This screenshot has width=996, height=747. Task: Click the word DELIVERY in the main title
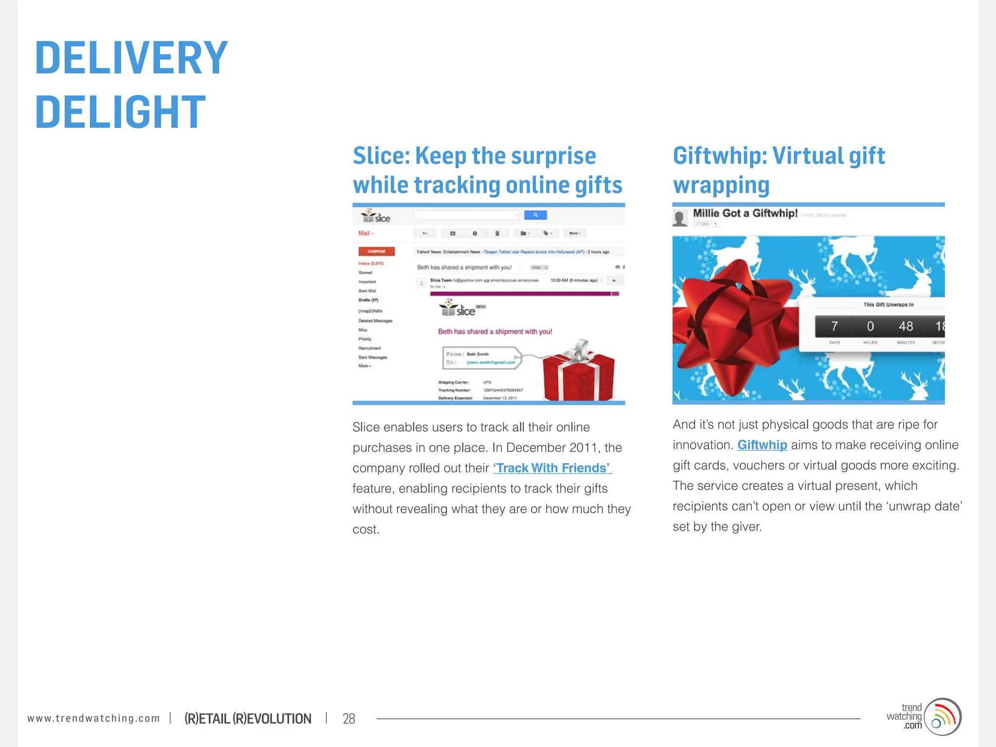click(x=131, y=58)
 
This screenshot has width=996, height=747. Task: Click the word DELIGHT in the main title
click(x=120, y=112)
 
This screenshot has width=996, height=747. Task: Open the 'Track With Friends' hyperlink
click(x=552, y=468)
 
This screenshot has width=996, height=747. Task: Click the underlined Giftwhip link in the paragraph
click(x=762, y=445)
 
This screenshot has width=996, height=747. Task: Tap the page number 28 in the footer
click(x=349, y=718)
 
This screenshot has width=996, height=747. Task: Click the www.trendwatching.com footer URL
click(x=93, y=718)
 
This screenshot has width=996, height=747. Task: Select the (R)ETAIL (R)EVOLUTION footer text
click(x=248, y=718)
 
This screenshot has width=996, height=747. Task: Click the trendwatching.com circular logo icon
click(x=943, y=717)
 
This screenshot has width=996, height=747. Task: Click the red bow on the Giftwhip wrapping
click(x=729, y=316)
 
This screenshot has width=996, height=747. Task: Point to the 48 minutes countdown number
click(x=906, y=326)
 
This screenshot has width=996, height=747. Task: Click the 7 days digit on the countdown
click(x=835, y=326)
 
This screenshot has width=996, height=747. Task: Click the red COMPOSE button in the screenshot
click(x=376, y=251)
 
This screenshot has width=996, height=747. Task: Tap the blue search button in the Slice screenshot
click(x=535, y=215)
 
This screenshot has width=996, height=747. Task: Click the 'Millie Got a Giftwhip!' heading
click(x=745, y=213)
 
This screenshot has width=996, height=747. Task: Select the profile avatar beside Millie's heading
click(x=680, y=218)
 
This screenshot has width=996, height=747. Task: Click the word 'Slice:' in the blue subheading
click(x=381, y=156)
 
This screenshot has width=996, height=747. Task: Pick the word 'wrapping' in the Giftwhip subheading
click(x=721, y=186)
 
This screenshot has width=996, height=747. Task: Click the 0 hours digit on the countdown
click(x=870, y=326)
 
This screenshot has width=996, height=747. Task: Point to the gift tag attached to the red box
click(x=481, y=358)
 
